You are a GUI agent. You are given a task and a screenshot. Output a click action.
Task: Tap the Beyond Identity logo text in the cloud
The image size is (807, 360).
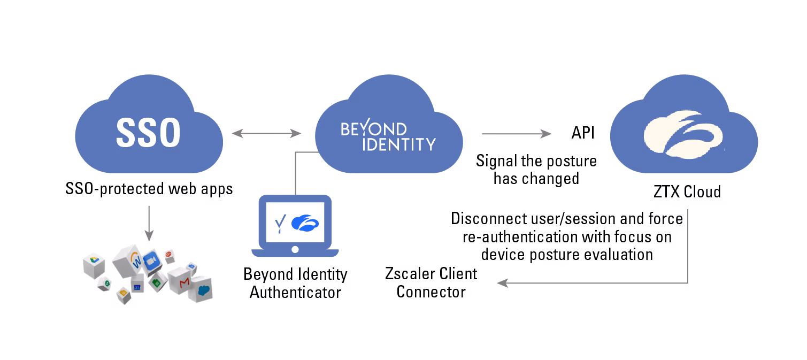(x=388, y=137)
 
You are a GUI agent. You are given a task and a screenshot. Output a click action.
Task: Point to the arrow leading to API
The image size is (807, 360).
(x=516, y=134)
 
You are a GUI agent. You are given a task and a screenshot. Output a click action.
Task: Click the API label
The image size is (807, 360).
(x=583, y=133)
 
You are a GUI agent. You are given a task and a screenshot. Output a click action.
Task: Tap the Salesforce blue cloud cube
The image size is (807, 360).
(x=203, y=290)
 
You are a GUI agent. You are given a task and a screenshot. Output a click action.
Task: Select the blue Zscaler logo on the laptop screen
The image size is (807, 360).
(x=305, y=223)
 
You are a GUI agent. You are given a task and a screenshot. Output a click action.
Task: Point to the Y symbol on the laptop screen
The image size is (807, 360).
(x=279, y=223)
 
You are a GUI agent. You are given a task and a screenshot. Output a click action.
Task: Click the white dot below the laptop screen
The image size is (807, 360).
(x=295, y=250)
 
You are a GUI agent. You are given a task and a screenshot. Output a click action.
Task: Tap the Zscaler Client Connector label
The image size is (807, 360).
(x=431, y=283)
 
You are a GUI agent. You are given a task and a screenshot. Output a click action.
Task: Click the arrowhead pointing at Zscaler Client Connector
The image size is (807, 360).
(x=501, y=284)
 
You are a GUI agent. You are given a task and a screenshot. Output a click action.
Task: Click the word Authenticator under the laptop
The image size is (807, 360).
(x=295, y=293)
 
